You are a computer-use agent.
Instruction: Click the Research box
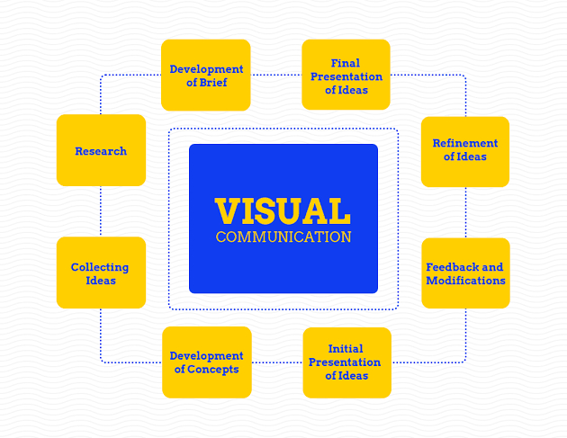pyautogui.click(x=101, y=150)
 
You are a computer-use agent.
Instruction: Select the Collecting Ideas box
pyautogui.click(x=101, y=273)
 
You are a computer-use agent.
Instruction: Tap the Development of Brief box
pyautogui.click(x=206, y=76)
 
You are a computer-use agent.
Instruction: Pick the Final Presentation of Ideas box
pyautogui.click(x=346, y=76)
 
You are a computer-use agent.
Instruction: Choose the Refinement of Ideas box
pyautogui.click(x=465, y=150)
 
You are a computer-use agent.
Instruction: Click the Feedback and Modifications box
pyautogui.click(x=465, y=273)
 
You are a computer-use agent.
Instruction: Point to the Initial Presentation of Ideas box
pyautogui.click(x=346, y=362)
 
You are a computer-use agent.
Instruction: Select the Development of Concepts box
pyautogui.click(x=206, y=362)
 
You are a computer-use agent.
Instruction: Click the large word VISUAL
pyautogui.click(x=283, y=211)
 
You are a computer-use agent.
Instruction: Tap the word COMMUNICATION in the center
pyautogui.click(x=283, y=237)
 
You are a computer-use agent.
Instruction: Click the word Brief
pyautogui.click(x=212, y=83)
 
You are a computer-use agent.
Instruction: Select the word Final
pyautogui.click(x=346, y=63)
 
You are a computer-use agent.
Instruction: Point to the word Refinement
pyautogui.click(x=465, y=143)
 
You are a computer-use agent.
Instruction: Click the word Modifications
pyautogui.click(x=465, y=280)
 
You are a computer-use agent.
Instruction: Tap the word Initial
pyautogui.click(x=346, y=349)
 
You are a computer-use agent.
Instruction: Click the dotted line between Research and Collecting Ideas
pyautogui.click(x=100, y=211)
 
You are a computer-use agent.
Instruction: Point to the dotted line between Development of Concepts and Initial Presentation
pyautogui.click(x=277, y=362)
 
